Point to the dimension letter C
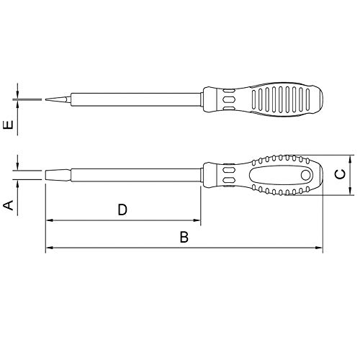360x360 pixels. point(341,174)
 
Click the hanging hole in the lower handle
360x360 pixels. point(305,175)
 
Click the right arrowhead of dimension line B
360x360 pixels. point(319,249)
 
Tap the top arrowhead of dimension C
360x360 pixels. point(350,158)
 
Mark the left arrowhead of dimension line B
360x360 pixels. point(49,249)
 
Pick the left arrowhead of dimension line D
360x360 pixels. point(49,221)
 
